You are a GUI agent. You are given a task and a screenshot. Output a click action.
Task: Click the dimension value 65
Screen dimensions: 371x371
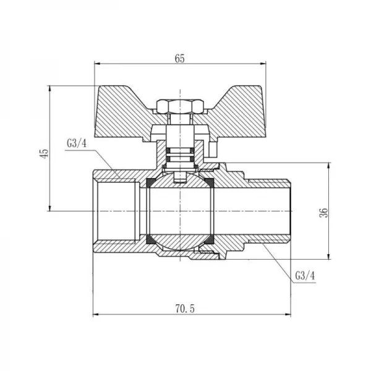coord(180,58)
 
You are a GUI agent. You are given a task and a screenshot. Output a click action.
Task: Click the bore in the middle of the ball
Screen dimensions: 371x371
coord(179,211)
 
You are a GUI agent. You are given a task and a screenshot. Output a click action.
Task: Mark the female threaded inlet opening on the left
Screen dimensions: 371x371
coord(114,211)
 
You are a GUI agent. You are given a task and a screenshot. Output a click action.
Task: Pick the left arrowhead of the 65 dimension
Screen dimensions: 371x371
coord(96,64)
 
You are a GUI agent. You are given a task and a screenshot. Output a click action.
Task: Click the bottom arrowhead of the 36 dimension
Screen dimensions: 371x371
coord(328,257)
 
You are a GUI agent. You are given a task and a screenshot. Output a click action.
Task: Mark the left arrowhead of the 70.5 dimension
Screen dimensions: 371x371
coord(96,315)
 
